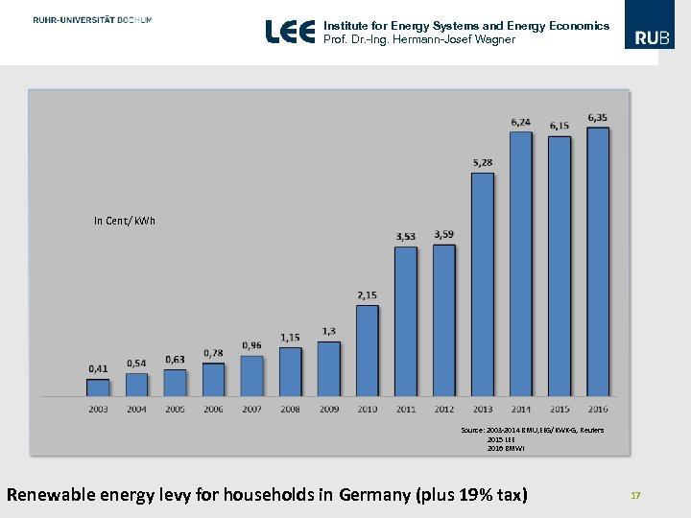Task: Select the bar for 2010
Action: point(368,350)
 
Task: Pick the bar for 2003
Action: point(98,387)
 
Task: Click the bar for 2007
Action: point(251,375)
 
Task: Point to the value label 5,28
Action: point(483,162)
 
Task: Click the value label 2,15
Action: point(368,294)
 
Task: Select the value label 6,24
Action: point(521,122)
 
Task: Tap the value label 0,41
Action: point(98,368)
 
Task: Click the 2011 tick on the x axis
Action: point(406,410)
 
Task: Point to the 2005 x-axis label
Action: point(175,410)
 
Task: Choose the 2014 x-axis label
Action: point(521,410)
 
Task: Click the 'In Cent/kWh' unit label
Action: point(125,222)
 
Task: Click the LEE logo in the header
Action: point(290,33)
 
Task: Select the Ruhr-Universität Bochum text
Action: point(91,20)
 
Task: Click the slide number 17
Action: point(634,495)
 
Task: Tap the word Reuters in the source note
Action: point(592,431)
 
